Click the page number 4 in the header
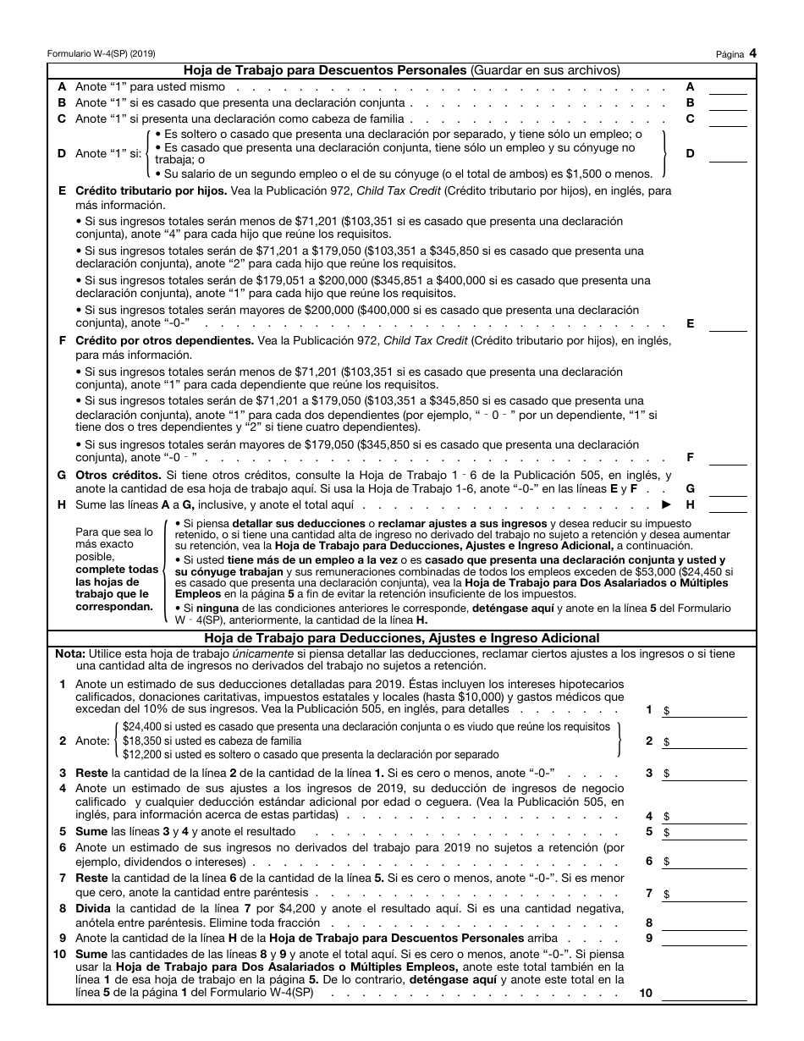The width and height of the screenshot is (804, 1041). pyautogui.click(x=752, y=52)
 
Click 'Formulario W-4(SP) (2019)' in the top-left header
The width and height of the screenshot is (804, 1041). pyautogui.click(x=101, y=53)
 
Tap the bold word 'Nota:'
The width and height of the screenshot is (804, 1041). pyautogui.click(x=69, y=653)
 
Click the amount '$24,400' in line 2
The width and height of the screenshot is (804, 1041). pyautogui.click(x=140, y=727)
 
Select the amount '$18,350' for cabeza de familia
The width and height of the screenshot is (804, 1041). pyautogui.click(x=140, y=741)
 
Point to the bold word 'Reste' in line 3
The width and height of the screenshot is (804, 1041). pyautogui.click(x=91, y=773)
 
